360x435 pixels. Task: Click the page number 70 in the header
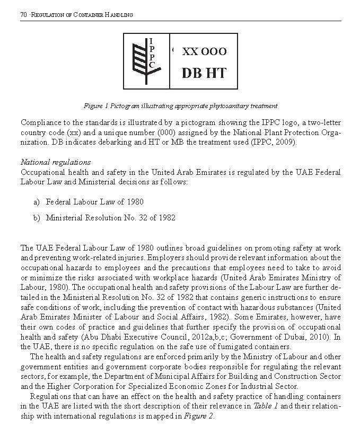point(23,15)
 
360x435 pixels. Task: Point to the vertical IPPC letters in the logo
point(152,53)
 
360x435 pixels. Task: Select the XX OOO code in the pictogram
point(204,52)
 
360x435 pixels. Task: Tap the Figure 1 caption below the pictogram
point(180,106)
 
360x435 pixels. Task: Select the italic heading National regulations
point(55,162)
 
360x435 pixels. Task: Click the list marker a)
point(37,202)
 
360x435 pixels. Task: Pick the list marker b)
point(37,218)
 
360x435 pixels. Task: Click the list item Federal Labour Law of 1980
point(94,202)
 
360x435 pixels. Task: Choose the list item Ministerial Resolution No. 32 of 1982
point(110,218)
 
